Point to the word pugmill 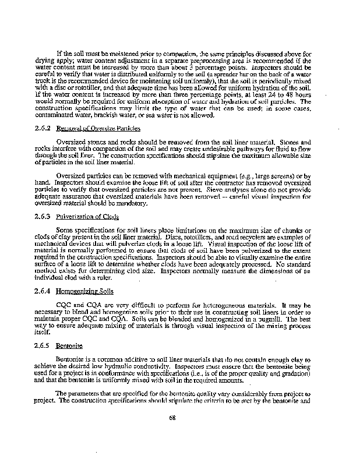coord(283,319)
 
